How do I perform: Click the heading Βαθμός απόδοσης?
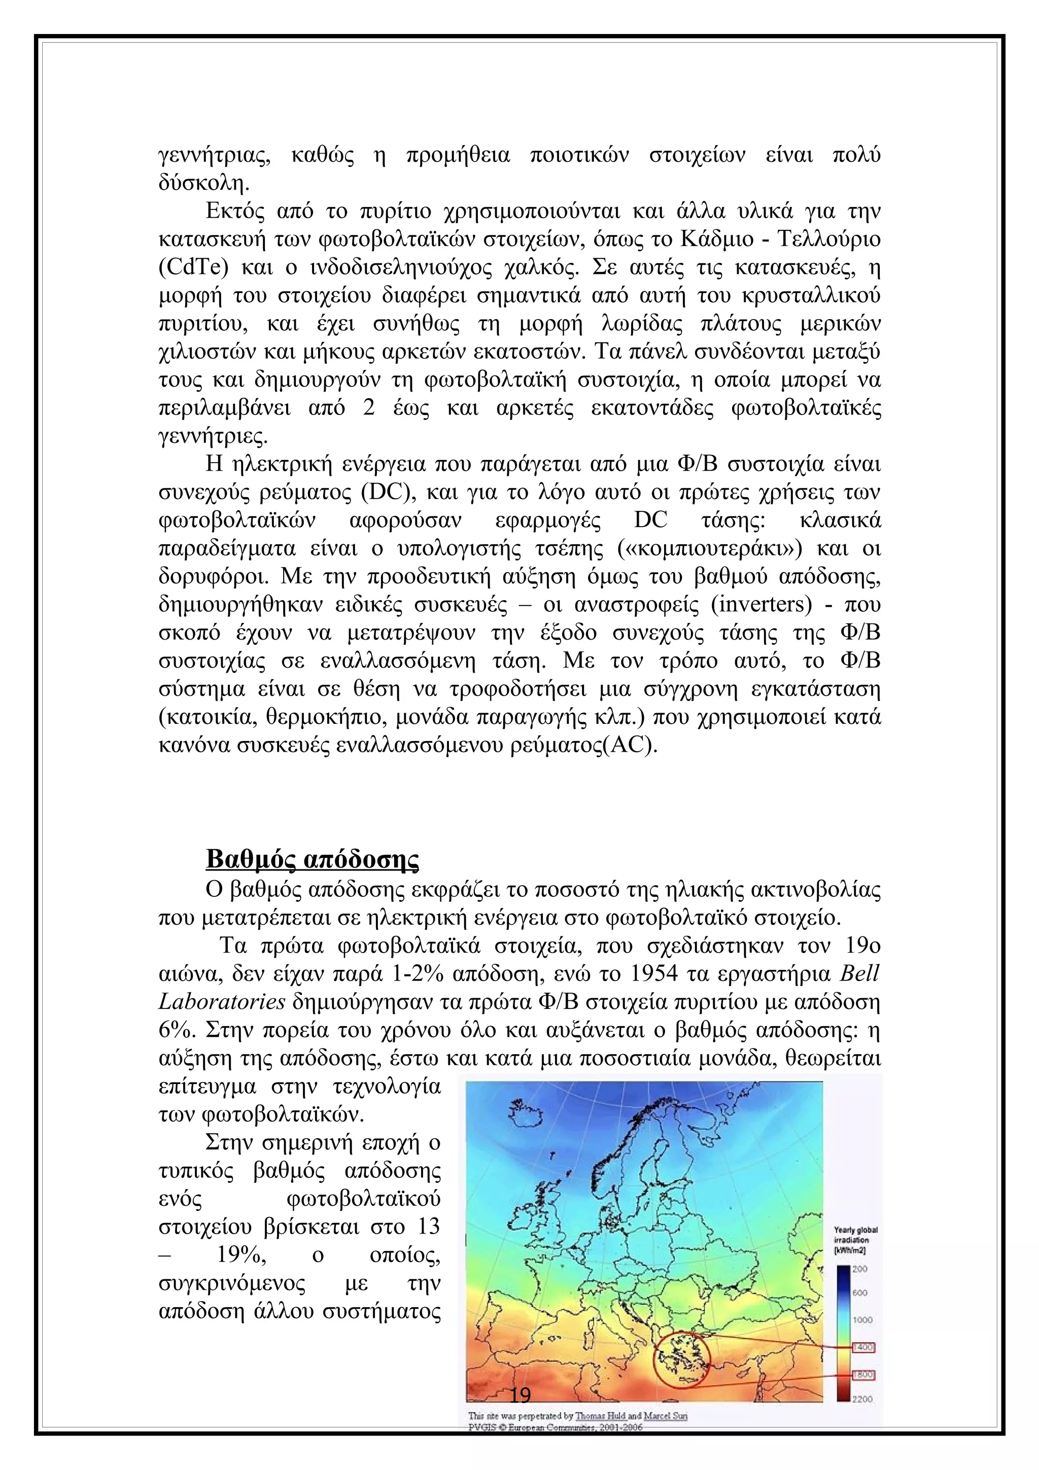(313, 859)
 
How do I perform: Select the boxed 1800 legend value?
(863, 1375)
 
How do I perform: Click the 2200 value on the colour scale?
(862, 1399)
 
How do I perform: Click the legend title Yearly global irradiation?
(855, 1240)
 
